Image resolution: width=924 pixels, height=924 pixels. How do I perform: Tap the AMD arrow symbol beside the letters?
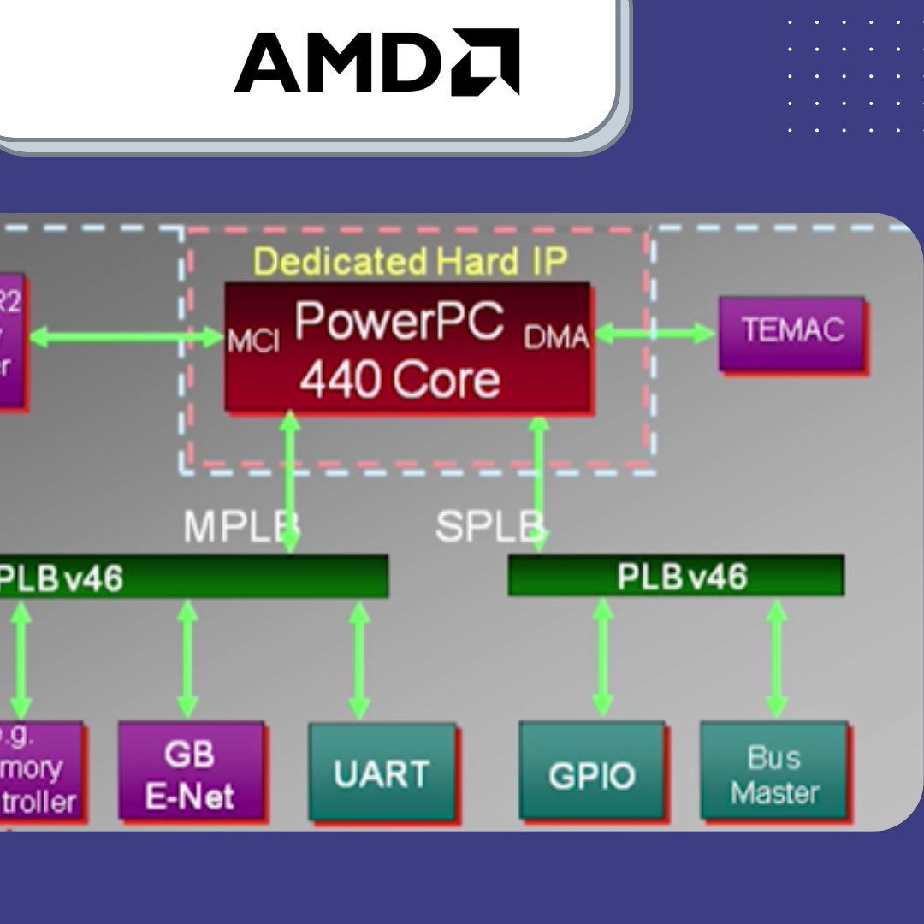[485, 62]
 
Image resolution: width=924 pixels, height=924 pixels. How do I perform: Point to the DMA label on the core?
[556, 339]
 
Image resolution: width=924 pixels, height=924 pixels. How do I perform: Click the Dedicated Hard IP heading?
[411, 261]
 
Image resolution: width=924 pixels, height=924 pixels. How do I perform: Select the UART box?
[382, 773]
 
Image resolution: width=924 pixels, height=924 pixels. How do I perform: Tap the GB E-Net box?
[190, 774]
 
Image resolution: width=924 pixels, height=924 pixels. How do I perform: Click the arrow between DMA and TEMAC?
[654, 334]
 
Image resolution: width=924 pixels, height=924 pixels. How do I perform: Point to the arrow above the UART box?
[359, 660]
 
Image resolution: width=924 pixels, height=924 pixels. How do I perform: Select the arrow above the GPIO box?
[603, 658]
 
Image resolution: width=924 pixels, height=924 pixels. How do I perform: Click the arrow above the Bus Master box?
[776, 658]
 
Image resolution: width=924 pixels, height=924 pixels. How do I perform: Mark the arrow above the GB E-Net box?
[187, 659]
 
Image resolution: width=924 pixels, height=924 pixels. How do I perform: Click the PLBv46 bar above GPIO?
[675, 576]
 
